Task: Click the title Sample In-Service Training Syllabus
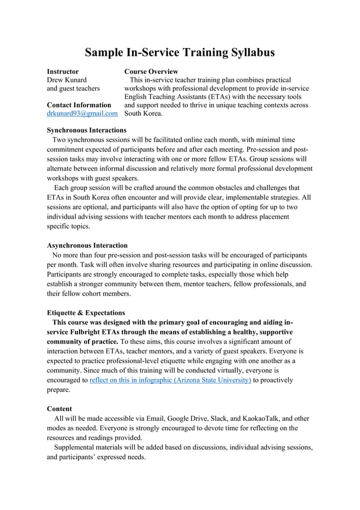coord(180,53)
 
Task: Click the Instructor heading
coord(63,72)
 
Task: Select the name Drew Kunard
coord(67,80)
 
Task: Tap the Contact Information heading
coord(79,105)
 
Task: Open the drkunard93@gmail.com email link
coord(82,114)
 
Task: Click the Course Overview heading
coord(151,72)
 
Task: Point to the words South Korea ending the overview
coord(143,114)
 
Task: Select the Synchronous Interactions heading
coord(86,130)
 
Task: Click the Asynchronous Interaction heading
coord(87,246)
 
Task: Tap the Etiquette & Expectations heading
coord(86,312)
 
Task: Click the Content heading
coord(59,408)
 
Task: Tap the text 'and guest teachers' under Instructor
coord(73,89)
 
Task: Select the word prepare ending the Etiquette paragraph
coord(59,390)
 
